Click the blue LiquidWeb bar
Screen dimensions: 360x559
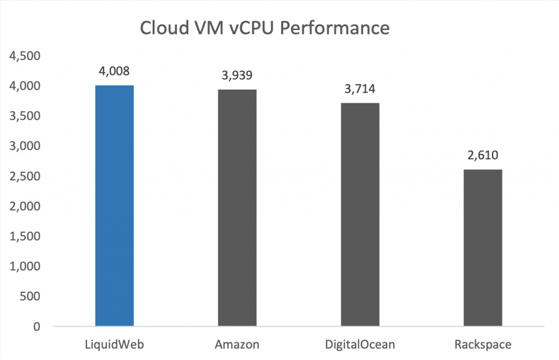point(115,206)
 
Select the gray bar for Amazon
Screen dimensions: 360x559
point(237,208)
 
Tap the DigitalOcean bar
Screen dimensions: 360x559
point(360,215)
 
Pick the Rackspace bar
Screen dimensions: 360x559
point(483,248)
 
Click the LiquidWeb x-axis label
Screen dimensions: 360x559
point(115,345)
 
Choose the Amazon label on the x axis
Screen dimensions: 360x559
point(237,345)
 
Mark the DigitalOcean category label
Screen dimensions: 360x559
point(360,345)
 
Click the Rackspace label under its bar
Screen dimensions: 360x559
point(483,345)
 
